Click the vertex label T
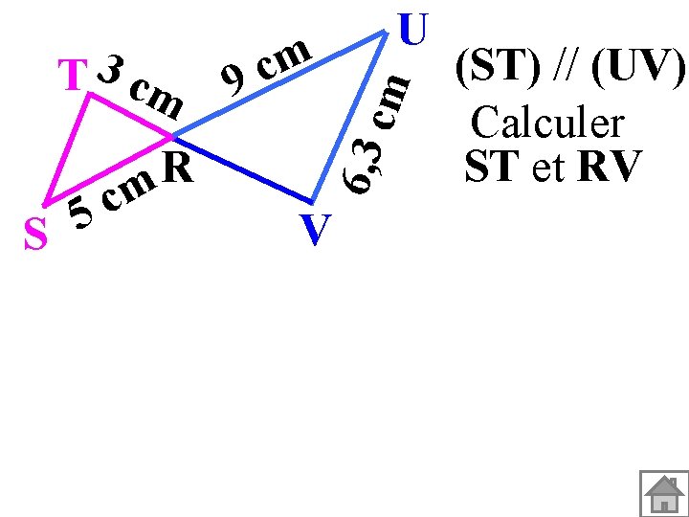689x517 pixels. [x=73, y=77]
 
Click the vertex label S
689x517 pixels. [x=35, y=236]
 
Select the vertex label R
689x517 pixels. [x=178, y=169]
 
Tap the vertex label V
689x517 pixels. [x=315, y=231]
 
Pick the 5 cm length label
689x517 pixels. [x=113, y=197]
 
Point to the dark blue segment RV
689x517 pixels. [x=244, y=173]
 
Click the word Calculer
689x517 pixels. [x=547, y=124]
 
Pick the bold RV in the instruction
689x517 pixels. [x=608, y=168]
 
